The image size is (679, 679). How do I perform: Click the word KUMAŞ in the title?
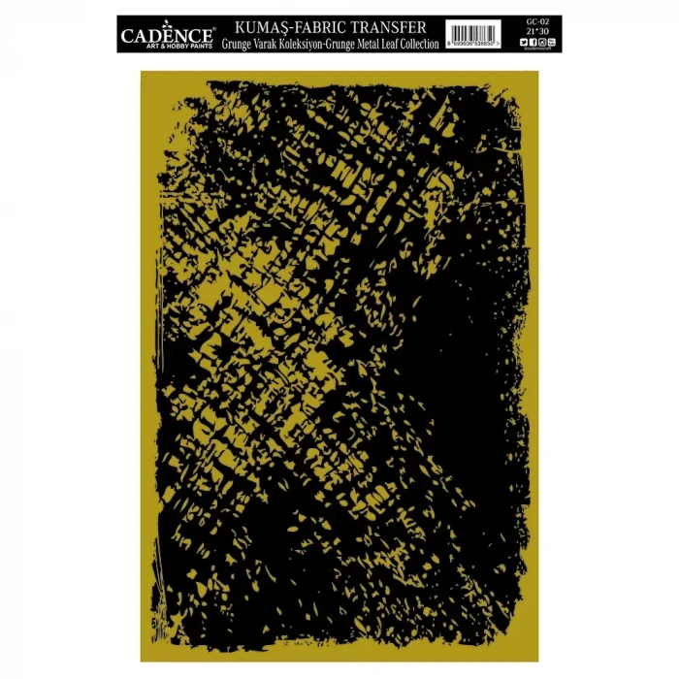pos(253,27)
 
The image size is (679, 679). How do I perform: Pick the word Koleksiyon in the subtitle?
pos(301,44)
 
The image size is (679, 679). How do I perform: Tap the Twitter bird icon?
pos(529,41)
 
